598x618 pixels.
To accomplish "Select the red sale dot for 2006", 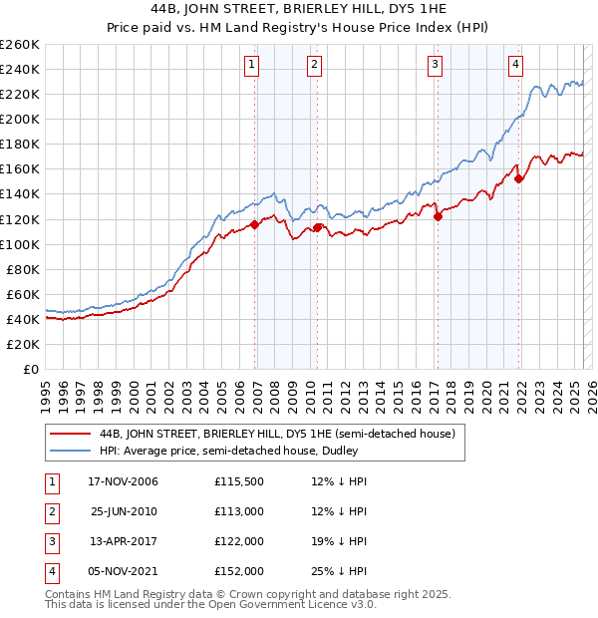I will point(255,224).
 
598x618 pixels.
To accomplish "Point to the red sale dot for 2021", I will point(519,178).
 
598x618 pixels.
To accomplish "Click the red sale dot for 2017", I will point(438,216).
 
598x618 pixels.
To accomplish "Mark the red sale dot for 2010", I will point(318,227).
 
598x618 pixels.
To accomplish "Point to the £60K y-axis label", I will point(23,294).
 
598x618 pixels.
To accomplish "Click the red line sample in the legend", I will point(69,434).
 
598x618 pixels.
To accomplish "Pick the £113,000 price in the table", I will point(238,512).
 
